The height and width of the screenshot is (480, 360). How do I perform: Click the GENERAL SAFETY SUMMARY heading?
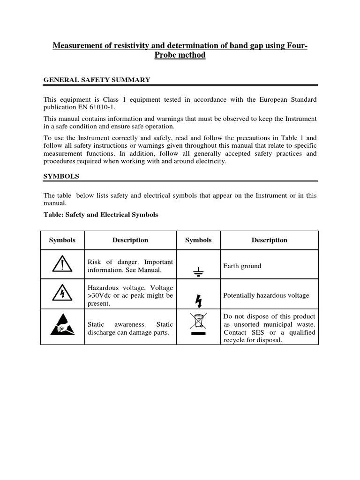coord(97,80)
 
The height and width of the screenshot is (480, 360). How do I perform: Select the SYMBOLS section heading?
coord(61,176)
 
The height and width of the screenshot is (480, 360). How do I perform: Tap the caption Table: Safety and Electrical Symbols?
coord(101,215)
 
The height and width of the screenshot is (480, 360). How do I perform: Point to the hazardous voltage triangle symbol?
coord(62,294)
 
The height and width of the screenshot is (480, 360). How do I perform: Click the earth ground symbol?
coord(198,270)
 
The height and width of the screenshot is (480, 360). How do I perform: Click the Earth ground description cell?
coord(242,266)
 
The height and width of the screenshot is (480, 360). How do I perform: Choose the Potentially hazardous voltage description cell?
coord(266,295)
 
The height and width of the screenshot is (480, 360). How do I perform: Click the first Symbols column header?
coord(62,240)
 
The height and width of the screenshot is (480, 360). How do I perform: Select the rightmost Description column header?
coord(269,240)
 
